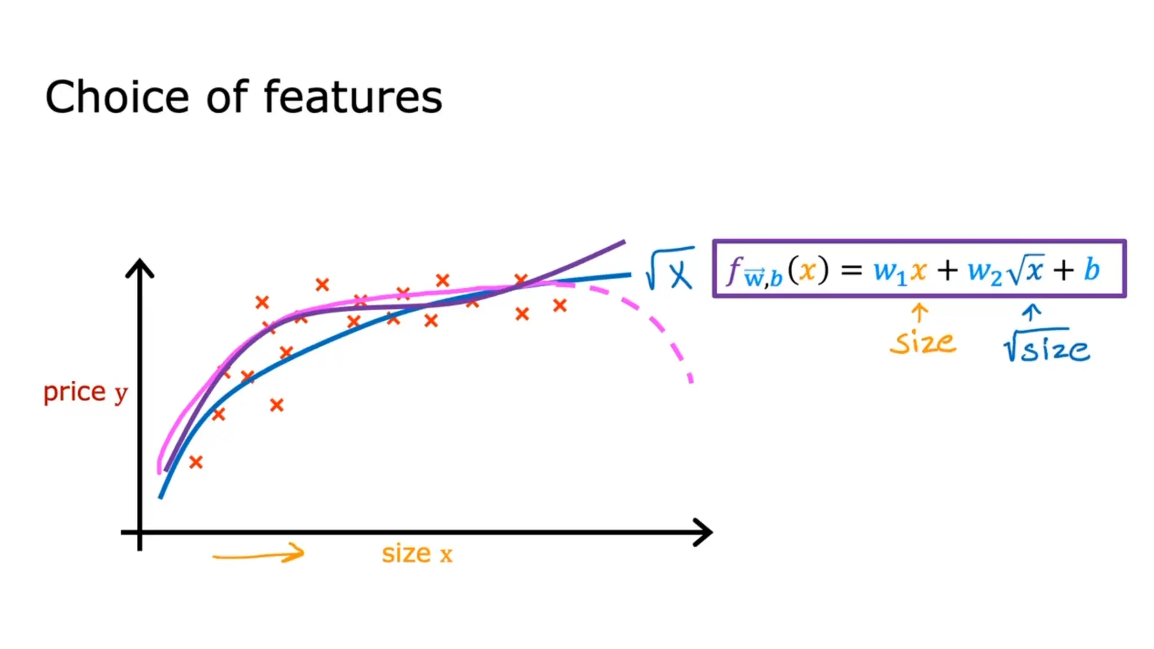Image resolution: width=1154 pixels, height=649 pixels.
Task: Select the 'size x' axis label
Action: tap(417, 554)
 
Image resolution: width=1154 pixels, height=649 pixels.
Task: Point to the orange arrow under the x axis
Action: tap(259, 554)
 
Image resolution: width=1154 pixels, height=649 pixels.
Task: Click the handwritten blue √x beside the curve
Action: tap(669, 269)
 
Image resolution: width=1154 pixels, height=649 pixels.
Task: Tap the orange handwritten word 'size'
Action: tap(923, 343)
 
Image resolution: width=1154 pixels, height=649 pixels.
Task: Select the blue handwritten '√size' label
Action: tap(1046, 346)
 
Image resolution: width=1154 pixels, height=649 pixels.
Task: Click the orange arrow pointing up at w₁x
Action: tap(920, 313)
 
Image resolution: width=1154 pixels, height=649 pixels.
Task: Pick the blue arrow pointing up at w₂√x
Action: tap(1032, 313)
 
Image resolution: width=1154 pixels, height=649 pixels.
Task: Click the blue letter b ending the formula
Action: tap(1092, 270)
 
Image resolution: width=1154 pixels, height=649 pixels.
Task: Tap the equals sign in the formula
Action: tap(851, 271)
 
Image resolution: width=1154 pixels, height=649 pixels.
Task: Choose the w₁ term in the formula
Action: tap(890, 273)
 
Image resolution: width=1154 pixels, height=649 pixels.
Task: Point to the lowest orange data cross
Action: tap(196, 463)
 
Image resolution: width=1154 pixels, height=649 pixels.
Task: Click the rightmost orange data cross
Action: tap(560, 305)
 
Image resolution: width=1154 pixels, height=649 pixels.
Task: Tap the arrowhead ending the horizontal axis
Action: tap(704, 532)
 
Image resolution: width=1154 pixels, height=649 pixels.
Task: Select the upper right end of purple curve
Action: tap(622, 243)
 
